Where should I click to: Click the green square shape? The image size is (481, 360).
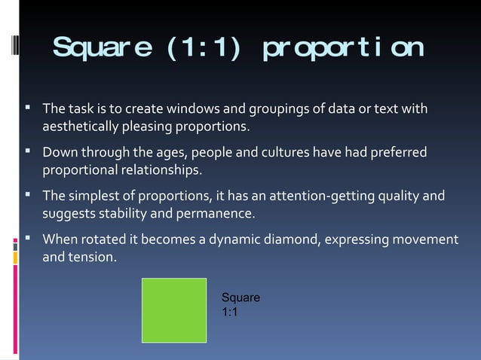coord(174,310)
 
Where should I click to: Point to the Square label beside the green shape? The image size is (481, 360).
coord(240,297)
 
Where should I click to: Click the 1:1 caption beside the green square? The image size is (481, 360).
coord(230,312)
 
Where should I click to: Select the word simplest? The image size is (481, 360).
coord(93,197)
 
